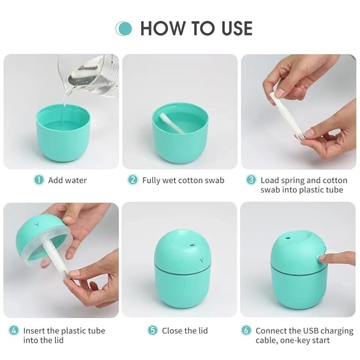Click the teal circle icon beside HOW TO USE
coord(124,28)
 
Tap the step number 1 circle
coord(39,180)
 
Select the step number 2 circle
coord(133,180)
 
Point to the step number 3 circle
coord(251,180)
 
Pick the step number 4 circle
coord(14,330)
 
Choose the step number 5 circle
coord(153,330)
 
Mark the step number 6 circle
coord(246,330)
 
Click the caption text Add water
coord(67,180)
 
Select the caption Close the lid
coord(186,331)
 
